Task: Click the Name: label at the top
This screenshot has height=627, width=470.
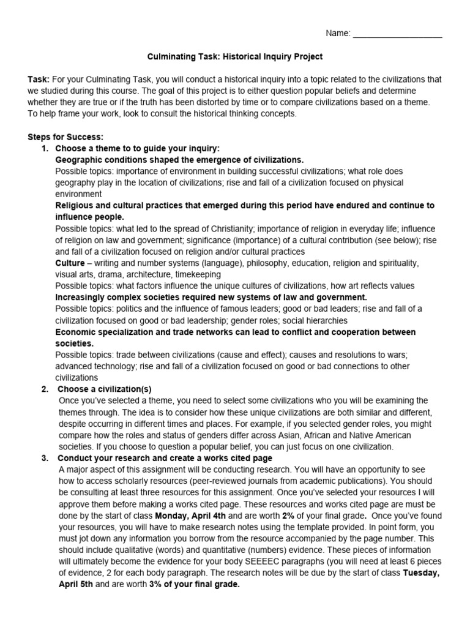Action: coord(338,34)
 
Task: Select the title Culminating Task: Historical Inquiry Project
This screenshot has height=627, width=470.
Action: coord(235,57)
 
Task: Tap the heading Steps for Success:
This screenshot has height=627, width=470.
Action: coord(65,137)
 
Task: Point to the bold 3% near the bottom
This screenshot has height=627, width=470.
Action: coord(155,585)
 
